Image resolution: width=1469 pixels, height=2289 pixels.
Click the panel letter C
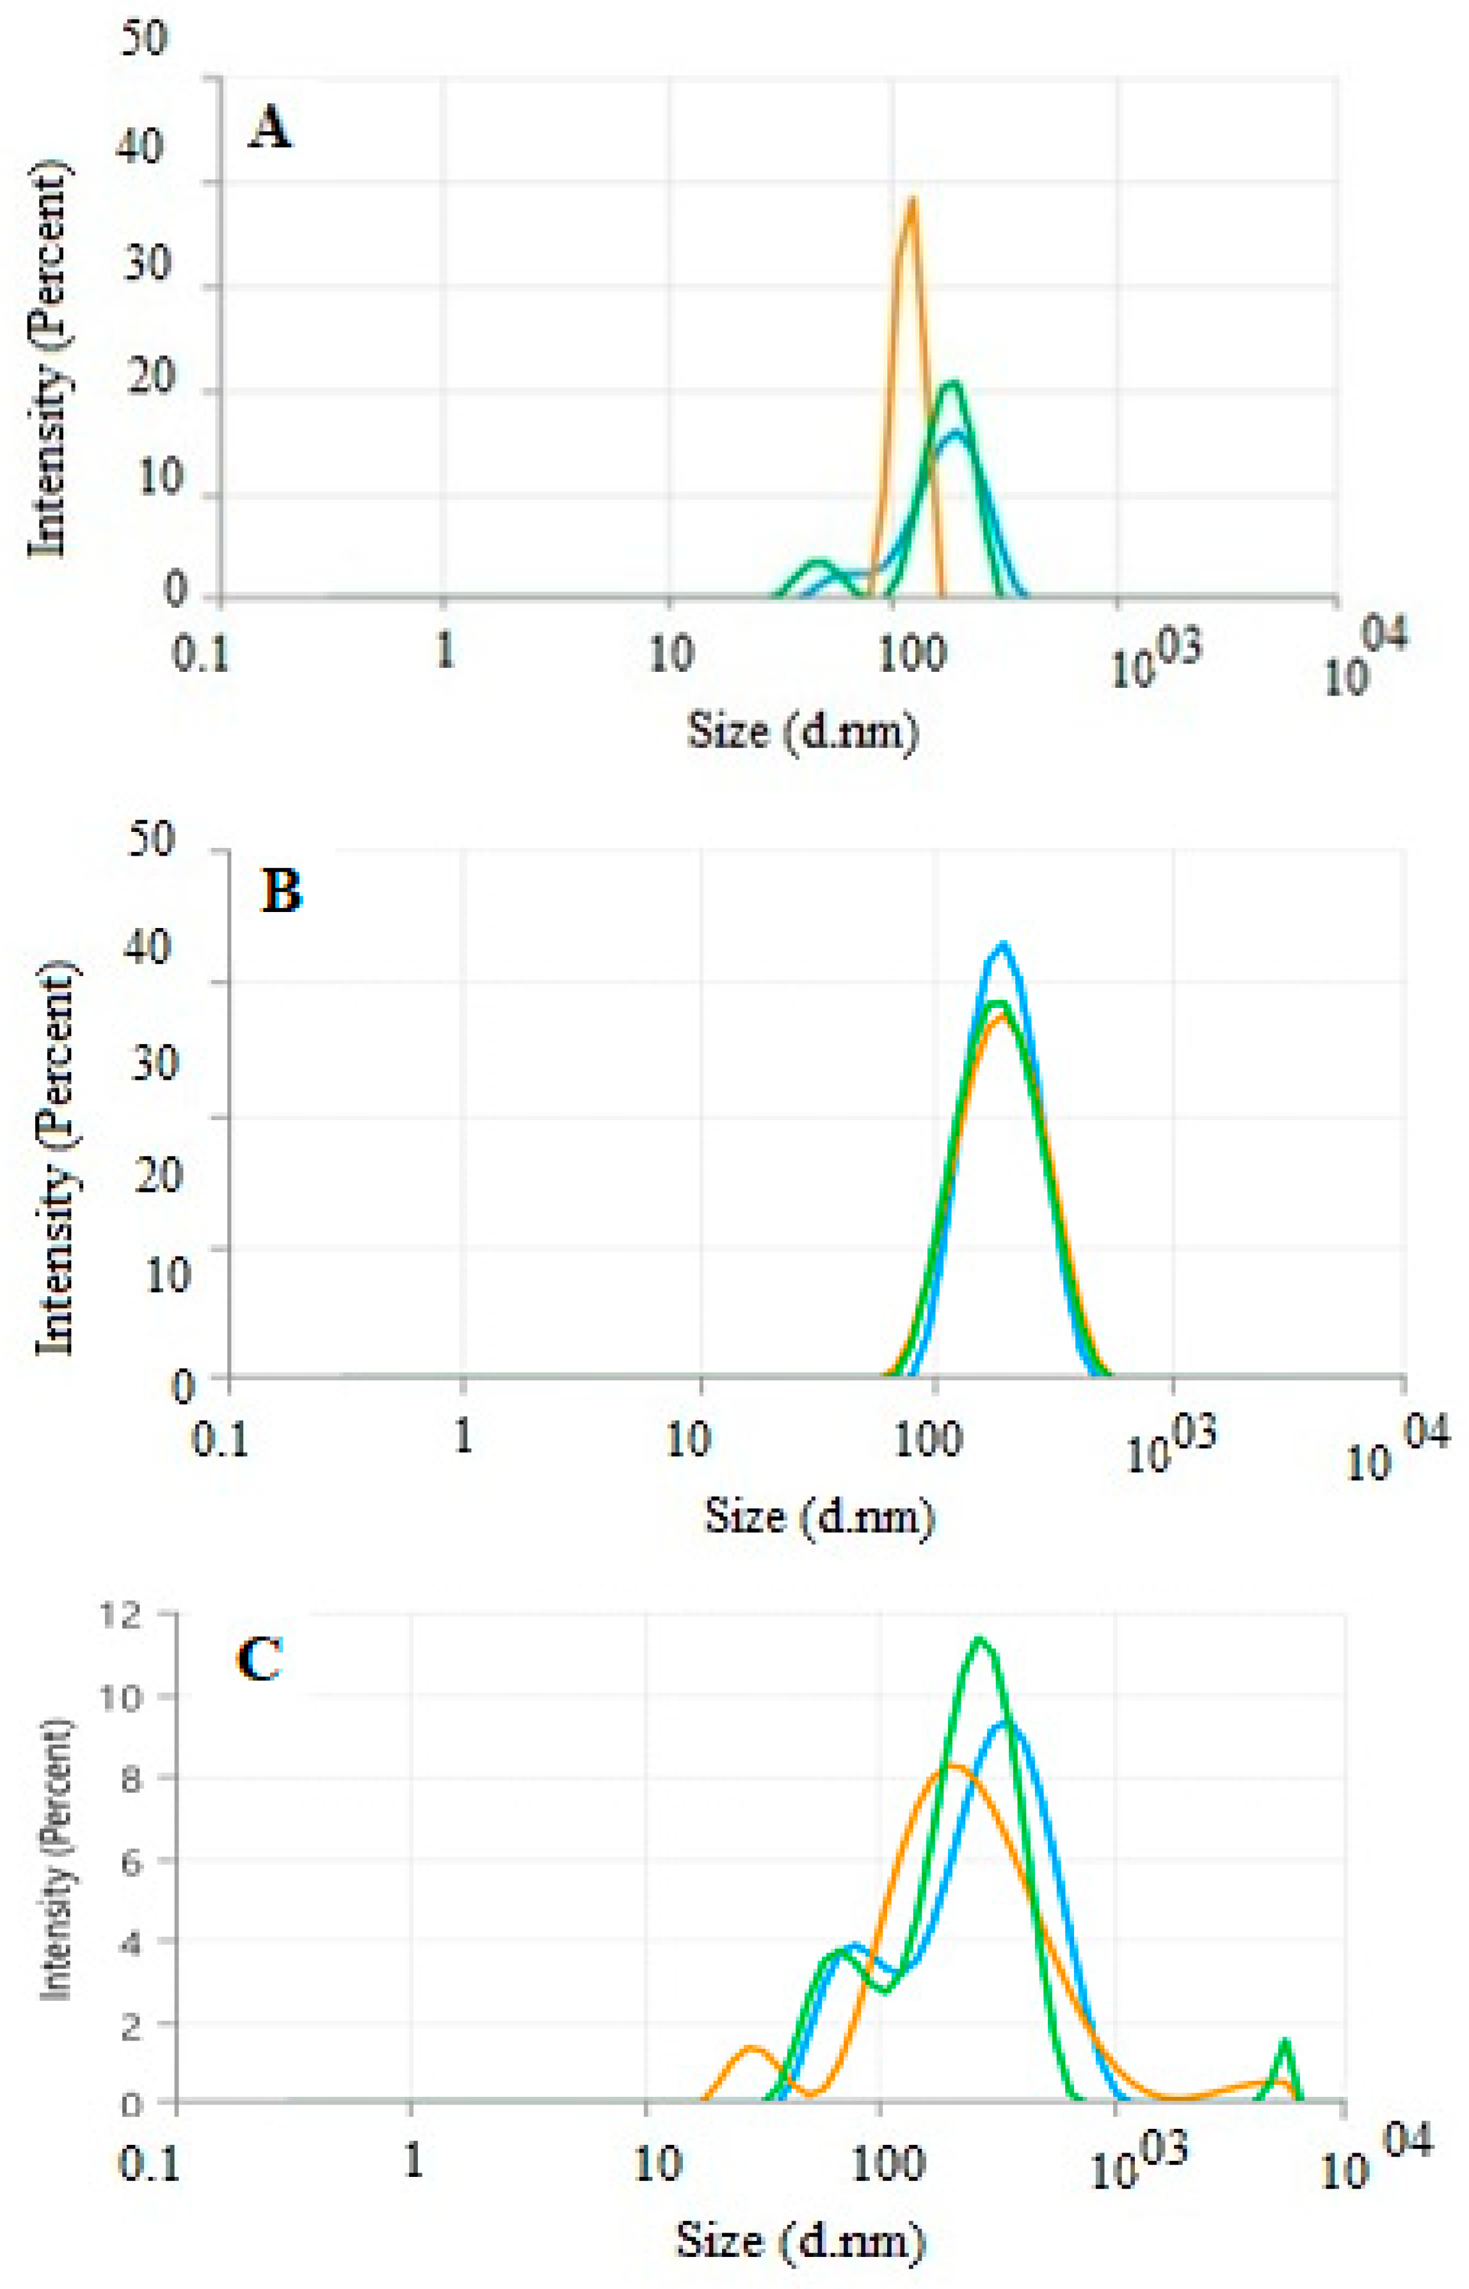coord(259,1659)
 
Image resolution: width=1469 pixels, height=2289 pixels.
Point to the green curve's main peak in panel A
coord(951,384)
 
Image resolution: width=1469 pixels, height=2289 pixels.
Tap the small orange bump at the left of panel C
coord(751,2049)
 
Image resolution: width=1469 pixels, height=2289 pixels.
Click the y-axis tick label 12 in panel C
coord(125,1615)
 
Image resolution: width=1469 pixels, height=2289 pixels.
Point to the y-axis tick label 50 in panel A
coord(143,38)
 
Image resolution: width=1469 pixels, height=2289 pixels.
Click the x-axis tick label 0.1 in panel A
coord(200,656)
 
